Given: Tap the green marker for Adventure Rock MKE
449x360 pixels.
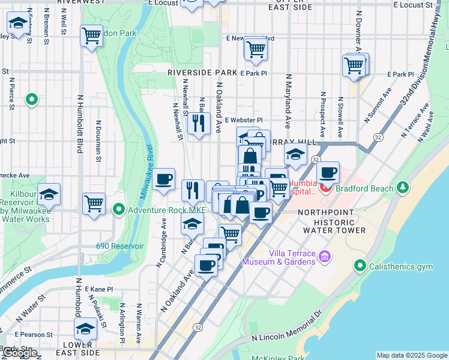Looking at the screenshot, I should click(119, 209).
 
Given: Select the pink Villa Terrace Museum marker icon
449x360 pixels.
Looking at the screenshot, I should click(325, 257).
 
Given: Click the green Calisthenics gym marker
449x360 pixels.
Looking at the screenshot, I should click(360, 265).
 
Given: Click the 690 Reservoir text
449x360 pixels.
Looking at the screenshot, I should click(120, 246).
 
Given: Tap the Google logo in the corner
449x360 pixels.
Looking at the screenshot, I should click(20, 353).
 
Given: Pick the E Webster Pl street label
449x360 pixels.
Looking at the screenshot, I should click(244, 120).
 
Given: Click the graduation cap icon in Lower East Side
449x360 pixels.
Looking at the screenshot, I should click(85, 329).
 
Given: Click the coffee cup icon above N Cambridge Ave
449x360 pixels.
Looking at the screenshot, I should click(163, 179).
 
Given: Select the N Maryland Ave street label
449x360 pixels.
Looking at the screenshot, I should click(288, 101).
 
